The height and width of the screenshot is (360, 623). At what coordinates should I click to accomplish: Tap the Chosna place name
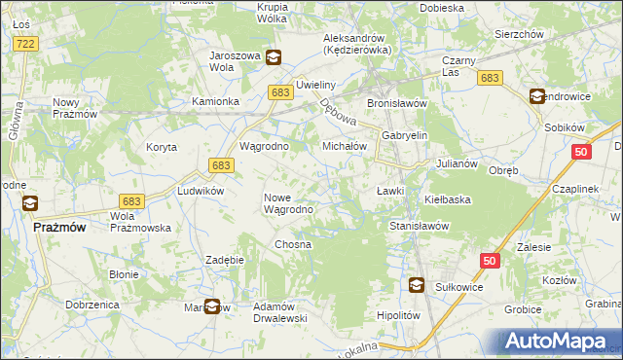tap(292, 244)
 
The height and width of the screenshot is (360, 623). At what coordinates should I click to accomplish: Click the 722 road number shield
tap(26, 44)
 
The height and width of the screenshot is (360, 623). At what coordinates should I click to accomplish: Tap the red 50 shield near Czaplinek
tap(581, 152)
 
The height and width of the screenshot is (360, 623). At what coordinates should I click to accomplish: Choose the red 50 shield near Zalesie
tap(489, 260)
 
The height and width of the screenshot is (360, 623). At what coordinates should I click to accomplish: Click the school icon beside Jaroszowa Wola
tap(275, 57)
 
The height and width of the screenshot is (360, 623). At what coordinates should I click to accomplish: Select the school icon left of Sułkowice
tap(417, 285)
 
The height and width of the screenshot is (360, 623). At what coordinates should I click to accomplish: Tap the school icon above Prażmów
tap(30, 203)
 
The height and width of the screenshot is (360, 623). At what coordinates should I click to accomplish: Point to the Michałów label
tap(344, 146)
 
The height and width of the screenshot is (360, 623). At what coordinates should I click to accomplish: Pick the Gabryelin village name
tap(405, 136)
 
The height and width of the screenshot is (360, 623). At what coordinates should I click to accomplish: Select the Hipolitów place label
tap(397, 316)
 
